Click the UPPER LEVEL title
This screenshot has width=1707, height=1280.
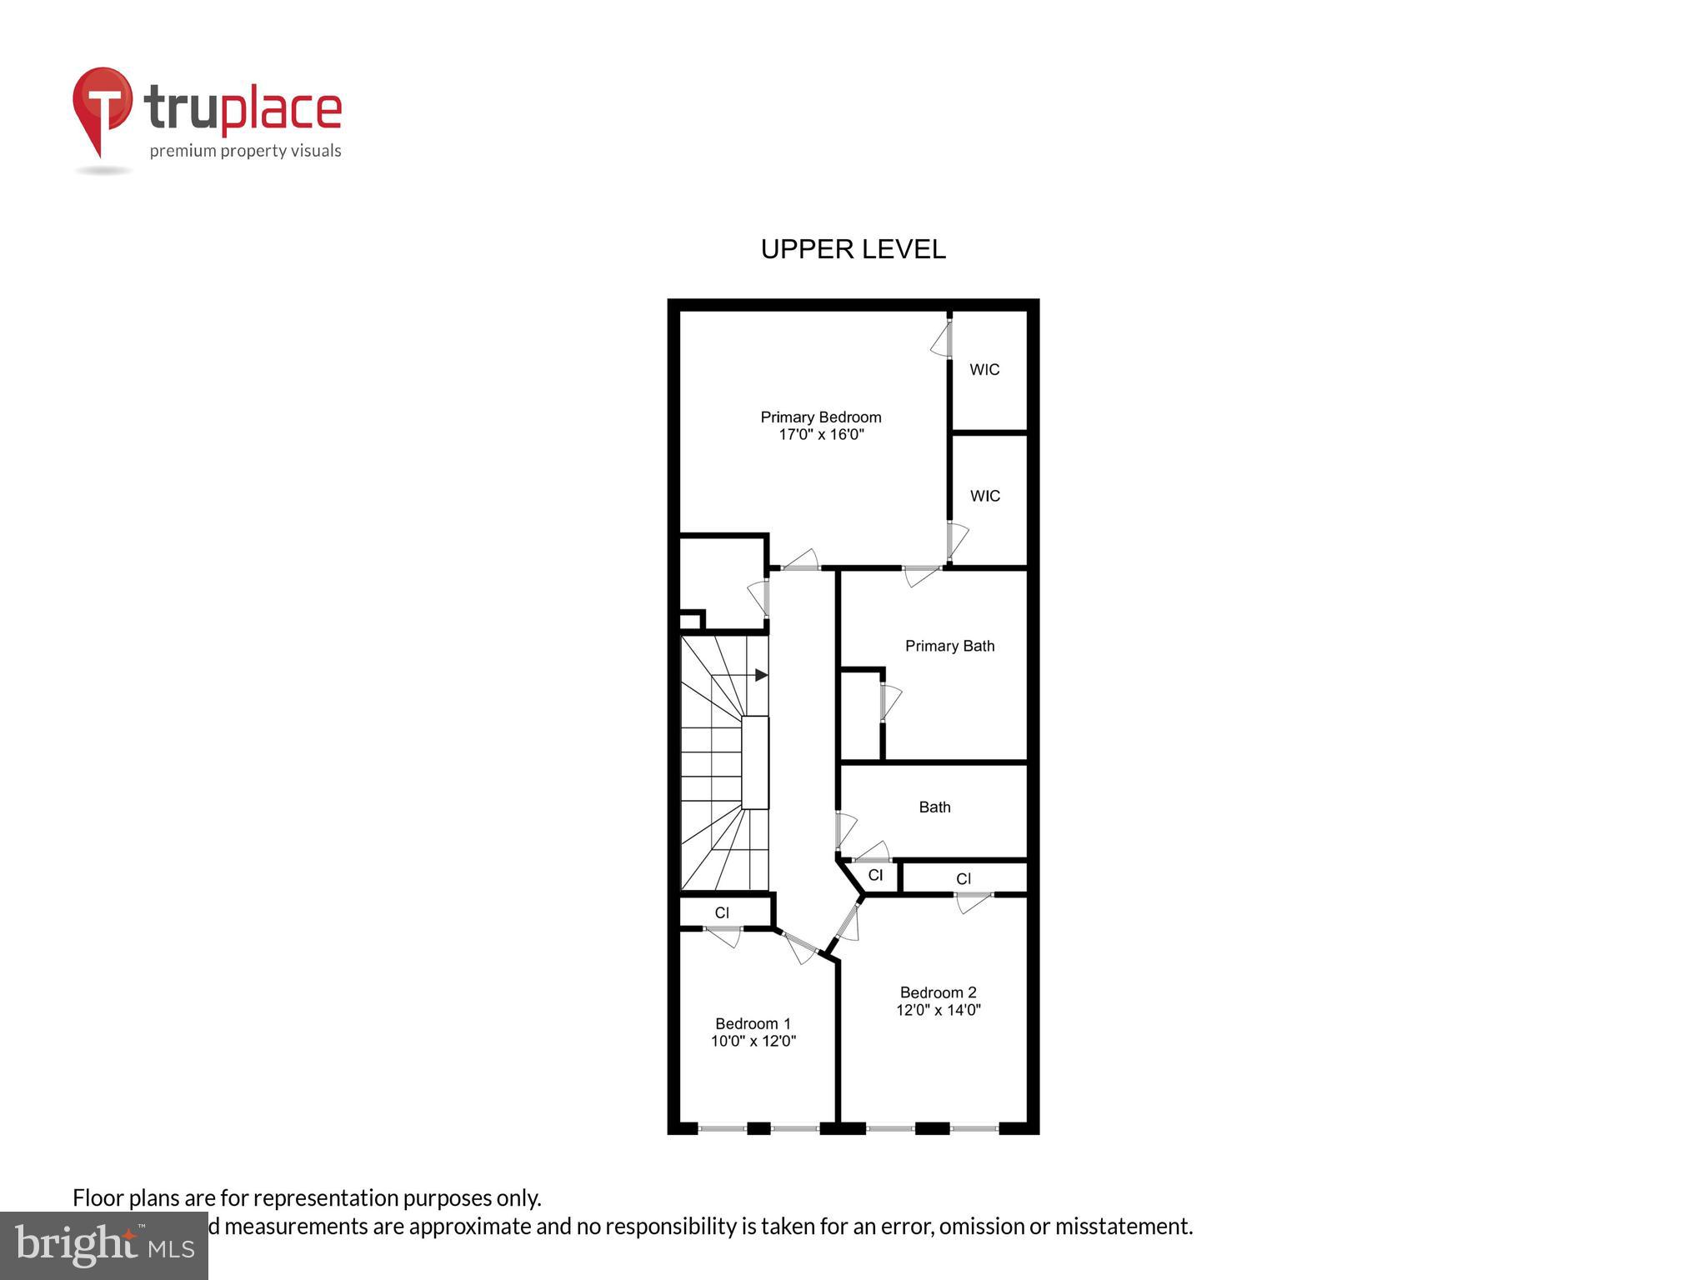coord(853,249)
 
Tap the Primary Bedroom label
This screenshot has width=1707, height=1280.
coord(820,417)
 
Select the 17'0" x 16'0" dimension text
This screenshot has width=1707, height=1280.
coord(820,435)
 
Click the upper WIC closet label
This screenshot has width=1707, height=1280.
coord(984,369)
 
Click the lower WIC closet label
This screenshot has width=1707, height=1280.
coord(984,496)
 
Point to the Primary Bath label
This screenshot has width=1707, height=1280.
coord(949,646)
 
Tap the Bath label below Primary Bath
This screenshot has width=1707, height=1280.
coord(934,807)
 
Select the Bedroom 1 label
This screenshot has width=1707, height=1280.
coord(753,1023)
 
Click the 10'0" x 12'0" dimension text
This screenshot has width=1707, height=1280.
coord(753,1041)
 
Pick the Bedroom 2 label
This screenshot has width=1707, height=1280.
coord(938,992)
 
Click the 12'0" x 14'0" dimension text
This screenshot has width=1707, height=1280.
coord(938,1010)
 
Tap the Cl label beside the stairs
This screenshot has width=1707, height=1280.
coord(722,912)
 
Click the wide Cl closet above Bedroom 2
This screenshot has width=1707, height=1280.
coord(964,878)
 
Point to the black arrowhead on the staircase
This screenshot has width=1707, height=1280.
coord(761,675)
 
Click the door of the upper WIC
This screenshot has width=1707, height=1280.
coord(942,339)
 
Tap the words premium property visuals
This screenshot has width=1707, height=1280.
coord(245,151)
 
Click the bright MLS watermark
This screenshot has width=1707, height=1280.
coord(103,1246)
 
